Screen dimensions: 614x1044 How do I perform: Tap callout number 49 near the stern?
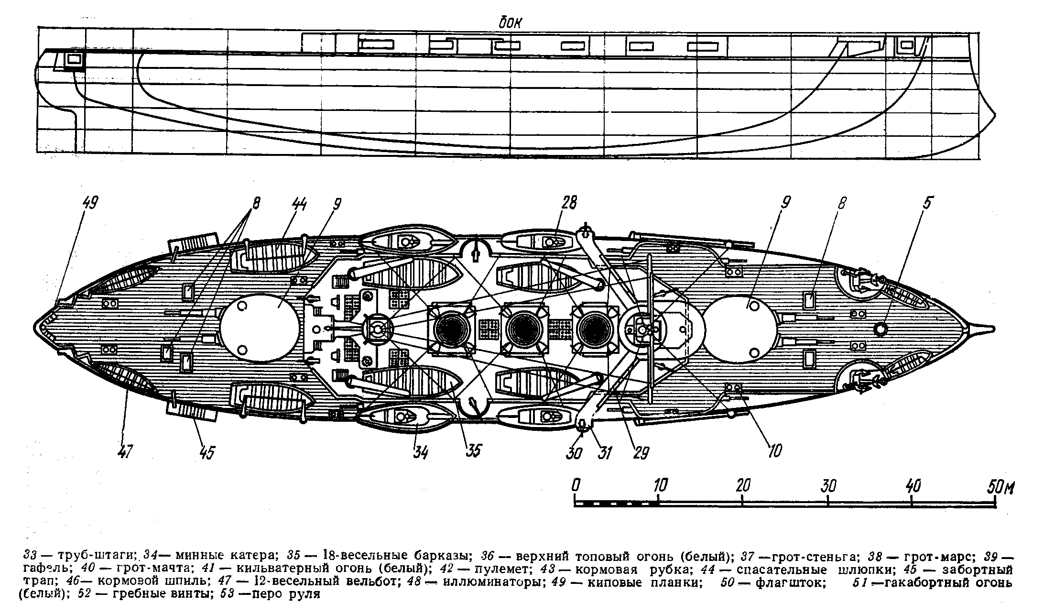90,203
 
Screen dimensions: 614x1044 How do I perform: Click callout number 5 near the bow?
927,203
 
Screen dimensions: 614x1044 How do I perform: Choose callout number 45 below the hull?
206,451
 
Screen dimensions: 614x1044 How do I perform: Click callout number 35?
474,450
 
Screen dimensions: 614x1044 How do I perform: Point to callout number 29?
641,452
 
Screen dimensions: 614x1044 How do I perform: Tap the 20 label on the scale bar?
743,485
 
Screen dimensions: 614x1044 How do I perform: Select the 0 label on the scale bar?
576,485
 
